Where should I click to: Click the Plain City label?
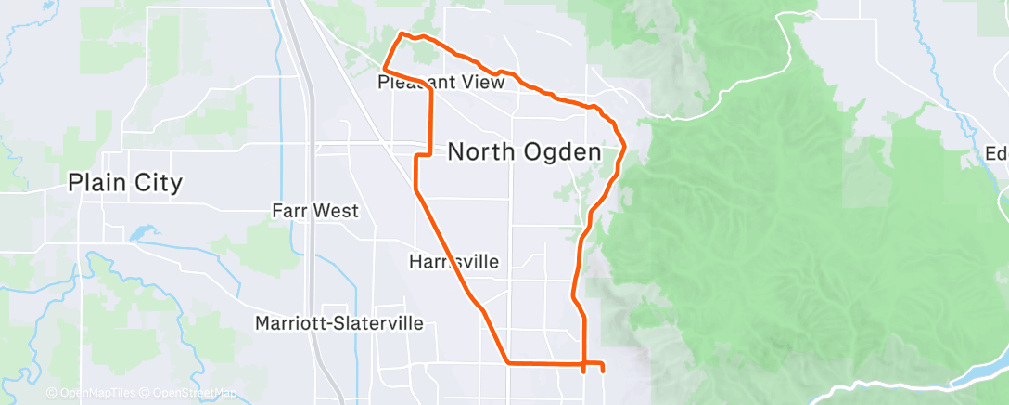(125, 183)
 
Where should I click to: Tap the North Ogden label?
(525, 152)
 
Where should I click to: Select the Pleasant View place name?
(441, 83)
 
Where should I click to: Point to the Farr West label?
(315, 211)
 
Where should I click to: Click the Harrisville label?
(453, 263)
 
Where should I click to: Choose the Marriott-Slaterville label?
(339, 323)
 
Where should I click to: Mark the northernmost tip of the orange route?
(401, 34)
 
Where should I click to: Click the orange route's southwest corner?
(508, 361)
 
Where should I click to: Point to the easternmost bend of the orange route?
(624, 146)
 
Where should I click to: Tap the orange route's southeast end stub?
(603, 369)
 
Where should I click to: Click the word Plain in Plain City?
(98, 183)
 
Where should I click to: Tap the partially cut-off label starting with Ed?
(997, 153)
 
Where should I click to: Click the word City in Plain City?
(157, 183)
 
